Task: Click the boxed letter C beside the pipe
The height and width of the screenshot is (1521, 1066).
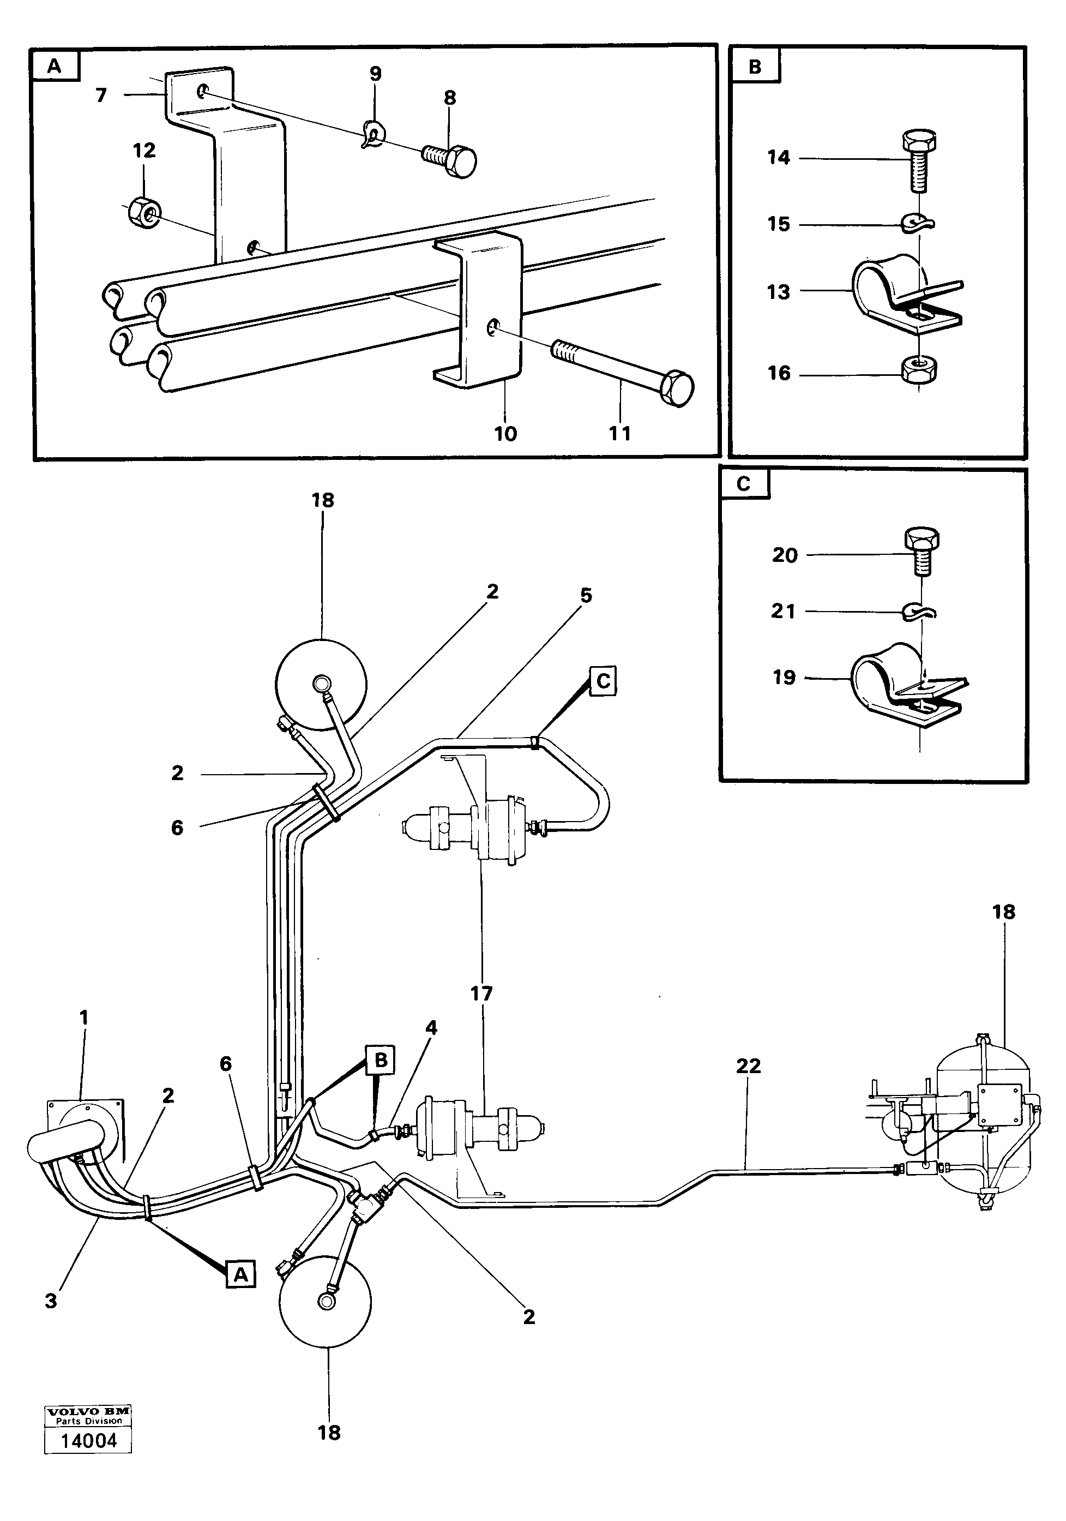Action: tap(603, 681)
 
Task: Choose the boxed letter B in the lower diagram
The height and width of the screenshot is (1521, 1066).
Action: tap(381, 1061)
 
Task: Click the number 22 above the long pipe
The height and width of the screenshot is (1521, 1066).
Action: tap(748, 1066)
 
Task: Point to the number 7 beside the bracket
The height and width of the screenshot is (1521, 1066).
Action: tap(101, 96)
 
